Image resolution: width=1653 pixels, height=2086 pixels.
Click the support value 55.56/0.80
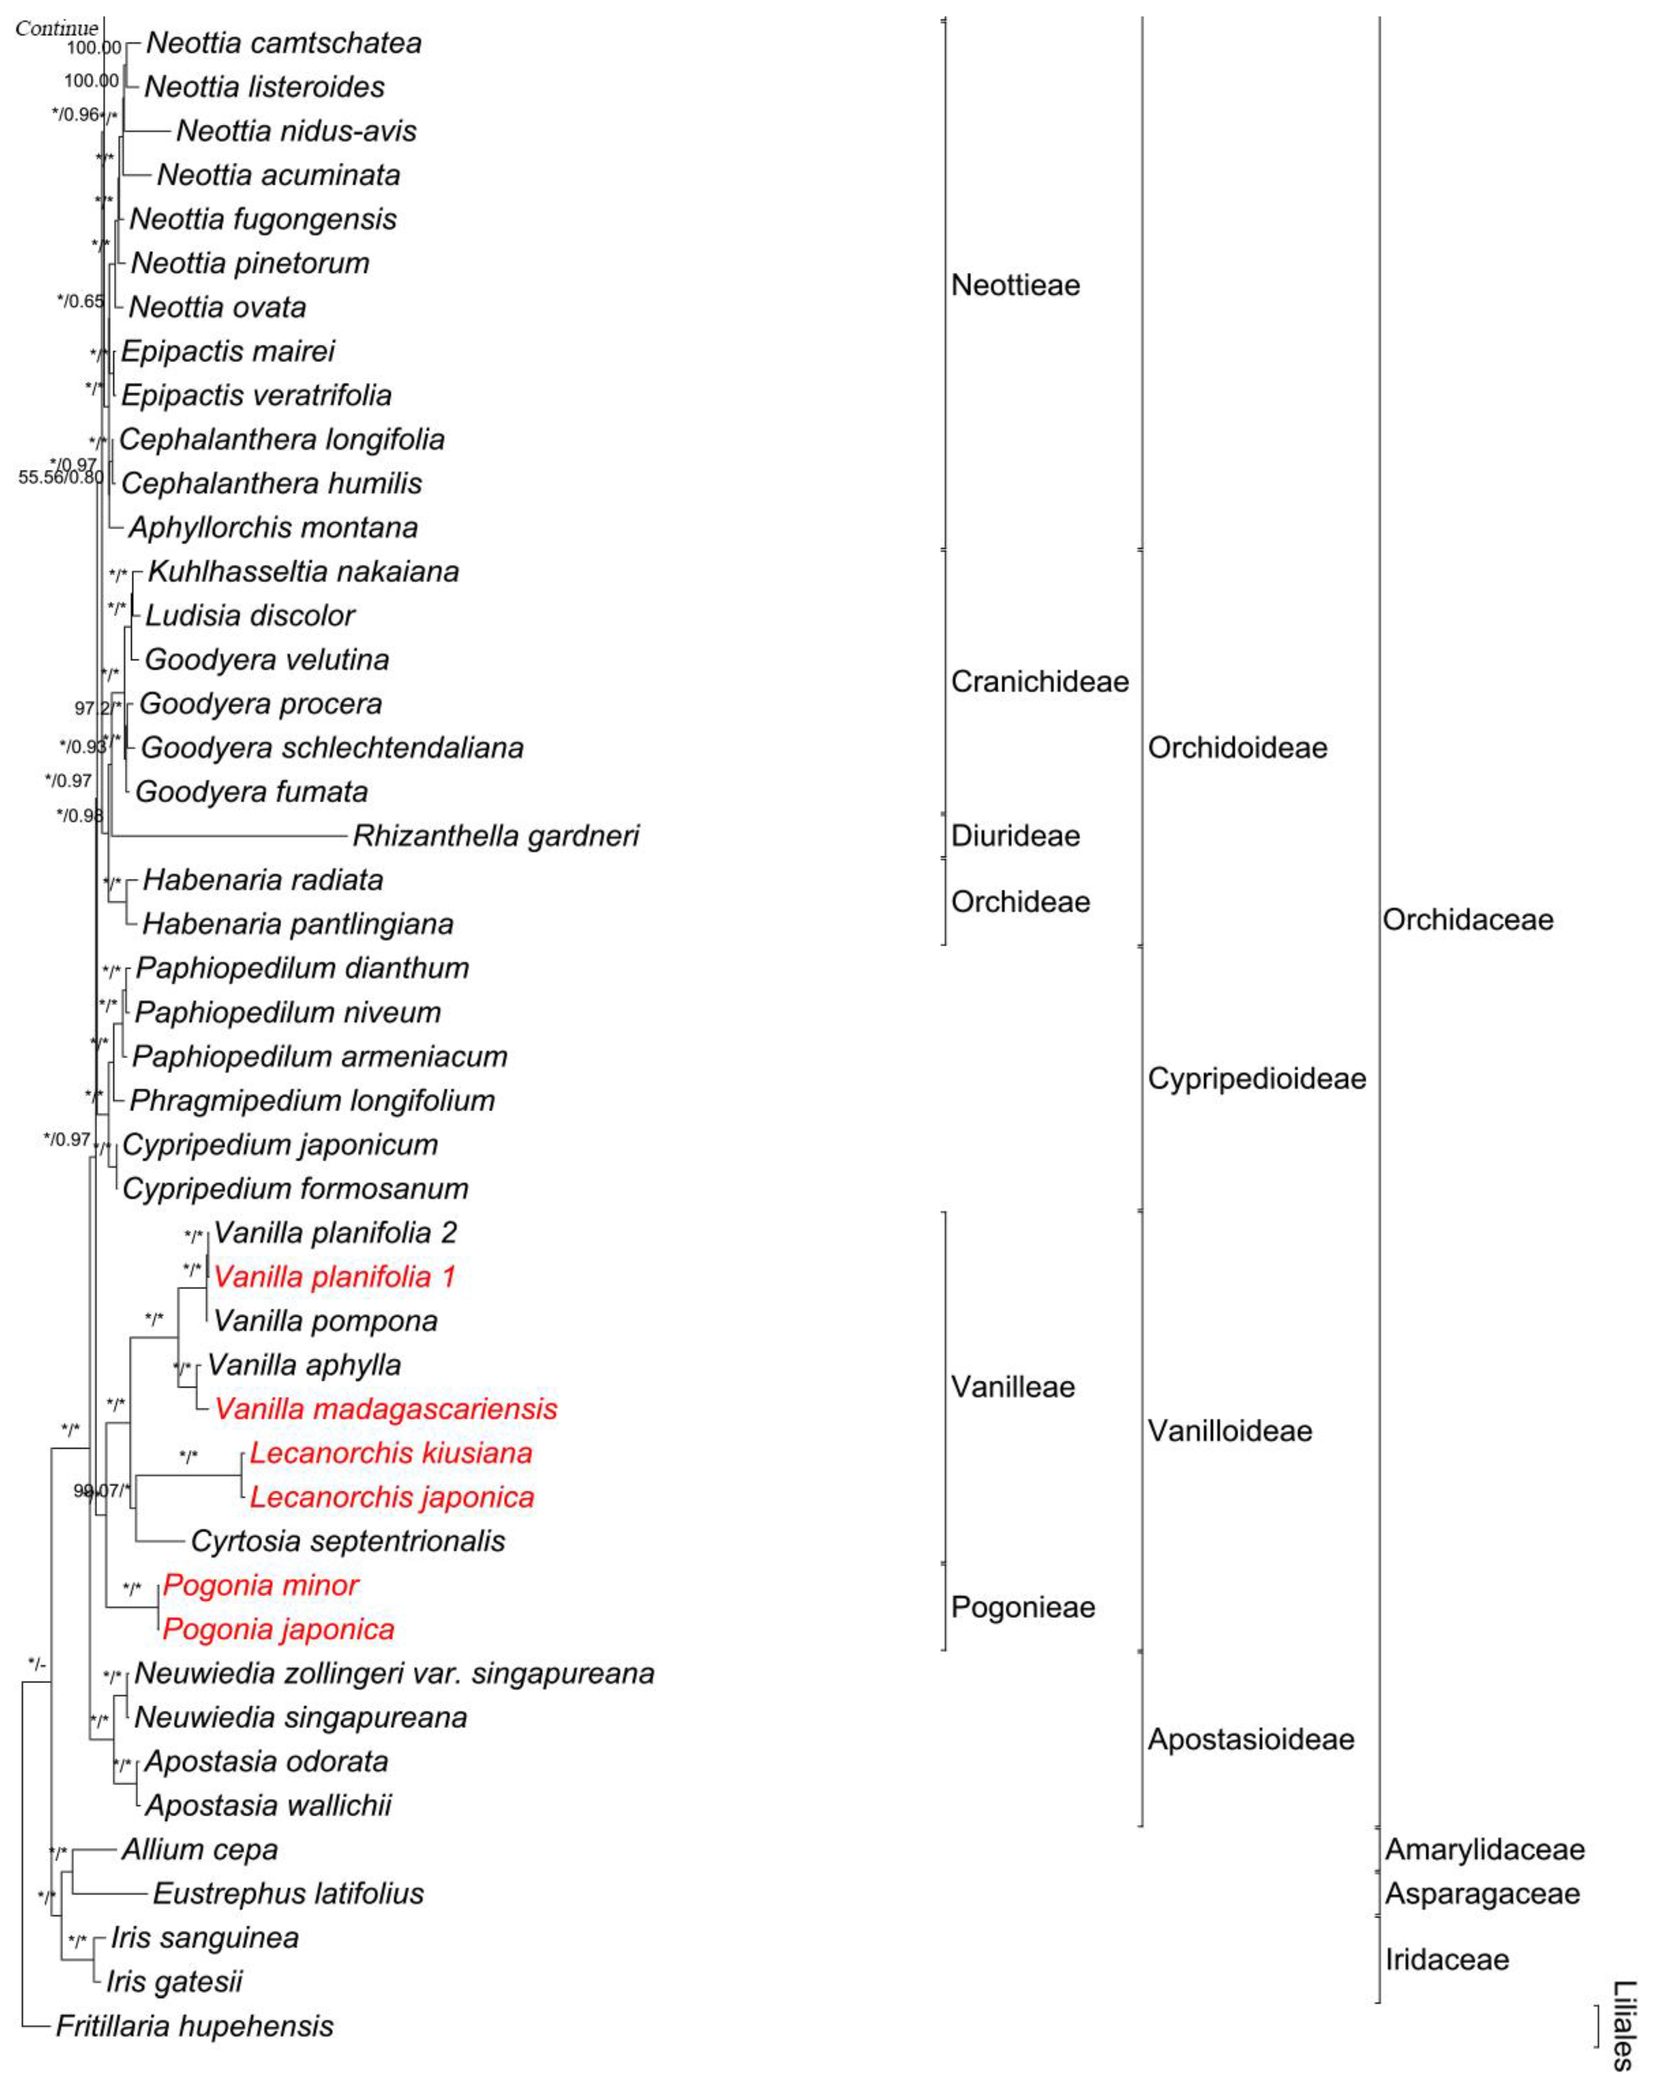pos(60,477)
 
